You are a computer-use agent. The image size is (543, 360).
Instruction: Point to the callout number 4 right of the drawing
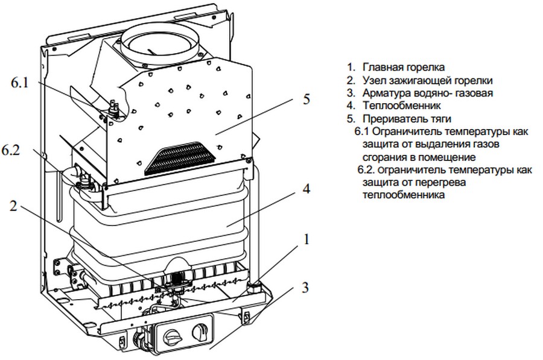tap(306, 189)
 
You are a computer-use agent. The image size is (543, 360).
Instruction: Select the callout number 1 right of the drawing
tap(306, 240)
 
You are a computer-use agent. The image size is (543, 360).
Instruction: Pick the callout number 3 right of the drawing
tap(306, 288)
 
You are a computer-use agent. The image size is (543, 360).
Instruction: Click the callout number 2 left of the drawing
tap(13, 205)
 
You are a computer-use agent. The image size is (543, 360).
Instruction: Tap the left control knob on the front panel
tap(173, 331)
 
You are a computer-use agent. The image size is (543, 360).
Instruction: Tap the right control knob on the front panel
tap(200, 331)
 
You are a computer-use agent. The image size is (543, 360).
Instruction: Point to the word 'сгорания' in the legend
tap(386, 157)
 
